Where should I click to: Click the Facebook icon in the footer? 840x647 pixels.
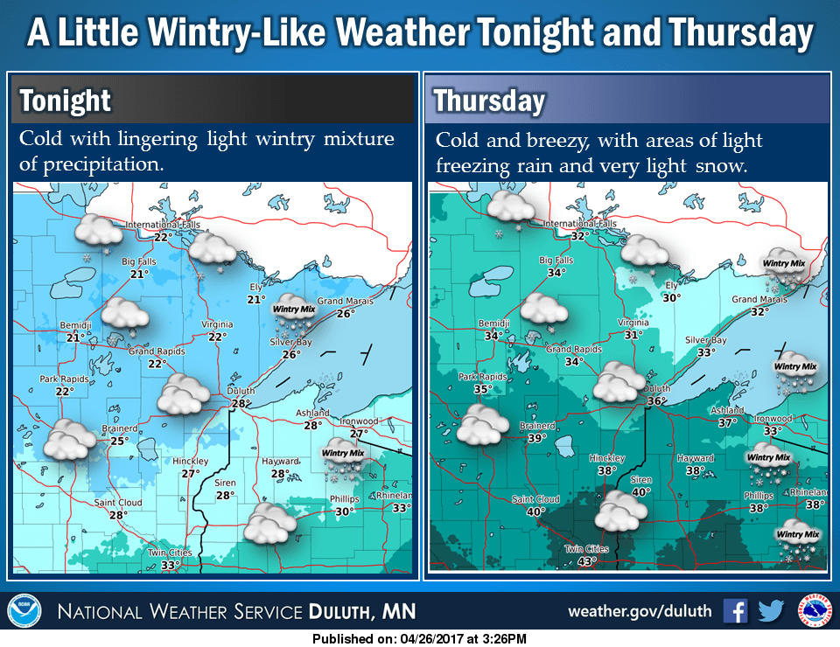(x=735, y=610)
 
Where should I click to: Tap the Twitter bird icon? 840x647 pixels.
(x=771, y=610)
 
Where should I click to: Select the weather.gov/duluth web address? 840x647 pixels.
(x=640, y=610)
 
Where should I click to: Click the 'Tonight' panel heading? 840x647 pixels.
(x=66, y=101)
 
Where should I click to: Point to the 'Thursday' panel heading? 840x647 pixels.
(x=490, y=101)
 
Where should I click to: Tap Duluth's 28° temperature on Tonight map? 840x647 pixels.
(x=241, y=404)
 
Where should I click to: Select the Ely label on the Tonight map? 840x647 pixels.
(x=256, y=287)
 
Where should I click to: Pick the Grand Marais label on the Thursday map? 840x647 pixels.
(x=759, y=299)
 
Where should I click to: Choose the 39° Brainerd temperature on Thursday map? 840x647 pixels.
(x=536, y=438)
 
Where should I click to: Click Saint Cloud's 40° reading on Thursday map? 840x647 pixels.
(x=535, y=512)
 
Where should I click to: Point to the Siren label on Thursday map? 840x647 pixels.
(x=642, y=480)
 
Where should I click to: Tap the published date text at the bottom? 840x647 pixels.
(x=419, y=639)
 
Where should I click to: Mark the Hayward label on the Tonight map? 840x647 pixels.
(x=279, y=461)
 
